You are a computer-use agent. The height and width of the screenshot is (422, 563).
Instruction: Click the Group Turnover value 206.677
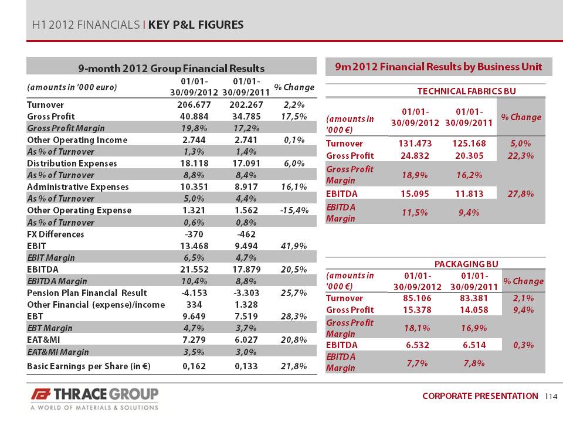[194, 105]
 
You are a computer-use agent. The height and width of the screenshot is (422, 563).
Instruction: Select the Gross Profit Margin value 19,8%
[194, 128]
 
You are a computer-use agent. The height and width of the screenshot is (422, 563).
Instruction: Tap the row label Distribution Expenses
[72, 164]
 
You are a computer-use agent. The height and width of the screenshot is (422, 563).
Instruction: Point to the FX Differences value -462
[246, 234]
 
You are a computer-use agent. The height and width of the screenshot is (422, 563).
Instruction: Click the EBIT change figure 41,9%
[294, 246]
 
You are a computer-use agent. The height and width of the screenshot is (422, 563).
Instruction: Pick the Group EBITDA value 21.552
[194, 270]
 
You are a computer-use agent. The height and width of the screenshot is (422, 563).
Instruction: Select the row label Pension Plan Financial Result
[87, 293]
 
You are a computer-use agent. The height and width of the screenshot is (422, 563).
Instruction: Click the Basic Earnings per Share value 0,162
[194, 366]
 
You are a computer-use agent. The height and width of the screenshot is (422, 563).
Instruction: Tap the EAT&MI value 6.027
[246, 340]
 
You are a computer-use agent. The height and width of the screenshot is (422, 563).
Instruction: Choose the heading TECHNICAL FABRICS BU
[466, 91]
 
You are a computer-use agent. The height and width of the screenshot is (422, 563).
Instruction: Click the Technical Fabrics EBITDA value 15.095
[415, 194]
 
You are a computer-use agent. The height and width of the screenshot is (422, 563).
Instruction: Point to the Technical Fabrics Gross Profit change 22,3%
[521, 156]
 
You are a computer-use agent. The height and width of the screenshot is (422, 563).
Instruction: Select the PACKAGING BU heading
[466, 264]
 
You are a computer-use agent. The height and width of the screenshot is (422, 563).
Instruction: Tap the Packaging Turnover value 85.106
[417, 298]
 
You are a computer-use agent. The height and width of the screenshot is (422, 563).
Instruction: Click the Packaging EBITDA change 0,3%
[524, 345]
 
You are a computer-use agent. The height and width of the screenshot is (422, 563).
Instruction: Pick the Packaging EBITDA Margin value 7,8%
[474, 363]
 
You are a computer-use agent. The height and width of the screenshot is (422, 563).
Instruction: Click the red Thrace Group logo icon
[40, 394]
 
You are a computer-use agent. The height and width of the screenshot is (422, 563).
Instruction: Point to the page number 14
[553, 396]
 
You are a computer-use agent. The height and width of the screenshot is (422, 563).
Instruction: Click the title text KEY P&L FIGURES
[196, 25]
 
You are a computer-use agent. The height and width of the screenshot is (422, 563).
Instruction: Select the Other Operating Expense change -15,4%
[294, 210]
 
